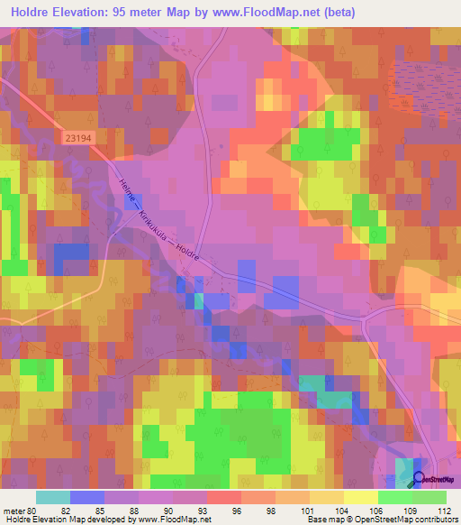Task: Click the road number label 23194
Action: coord(80,138)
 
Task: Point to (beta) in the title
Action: coord(337,13)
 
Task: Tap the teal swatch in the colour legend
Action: coord(52,497)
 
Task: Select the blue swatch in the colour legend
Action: coord(86,497)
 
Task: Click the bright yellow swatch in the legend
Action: coord(360,497)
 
